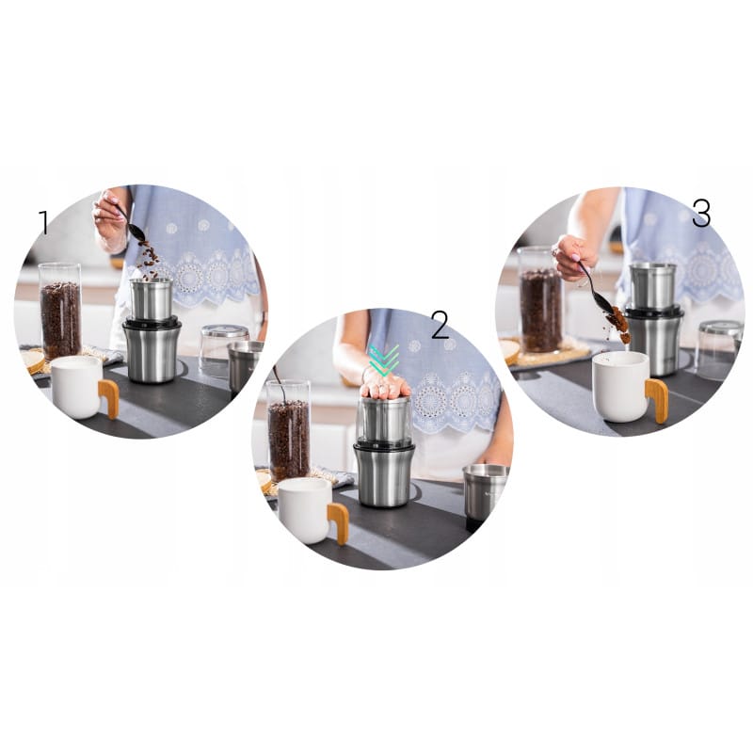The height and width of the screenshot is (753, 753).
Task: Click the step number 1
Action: (44, 222)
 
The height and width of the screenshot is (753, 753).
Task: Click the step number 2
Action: (440, 325)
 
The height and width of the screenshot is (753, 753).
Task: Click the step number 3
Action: (700, 214)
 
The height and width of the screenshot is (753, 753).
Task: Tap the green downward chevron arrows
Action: (385, 360)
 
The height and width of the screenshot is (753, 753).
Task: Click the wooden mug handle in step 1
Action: (109, 398)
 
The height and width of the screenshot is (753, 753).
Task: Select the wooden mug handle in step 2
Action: (339, 523)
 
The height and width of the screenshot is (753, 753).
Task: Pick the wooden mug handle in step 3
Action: (656, 401)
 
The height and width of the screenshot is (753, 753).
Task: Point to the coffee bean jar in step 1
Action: (60, 312)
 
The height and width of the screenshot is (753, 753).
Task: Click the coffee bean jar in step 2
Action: (288, 431)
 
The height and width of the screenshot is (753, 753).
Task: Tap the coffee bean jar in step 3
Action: (540, 299)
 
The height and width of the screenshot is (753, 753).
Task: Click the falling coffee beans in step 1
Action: (149, 261)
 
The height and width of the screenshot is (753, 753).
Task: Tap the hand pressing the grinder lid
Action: (386, 385)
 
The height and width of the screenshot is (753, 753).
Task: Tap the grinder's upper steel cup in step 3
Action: (653, 286)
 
